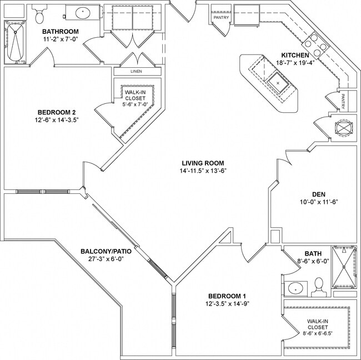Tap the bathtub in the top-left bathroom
(15, 42)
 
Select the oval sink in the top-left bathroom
(82, 11)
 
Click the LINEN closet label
(136, 72)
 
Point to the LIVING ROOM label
(202, 163)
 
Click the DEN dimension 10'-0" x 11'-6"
(318, 202)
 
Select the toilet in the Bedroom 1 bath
(318, 286)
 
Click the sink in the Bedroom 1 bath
(296, 288)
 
